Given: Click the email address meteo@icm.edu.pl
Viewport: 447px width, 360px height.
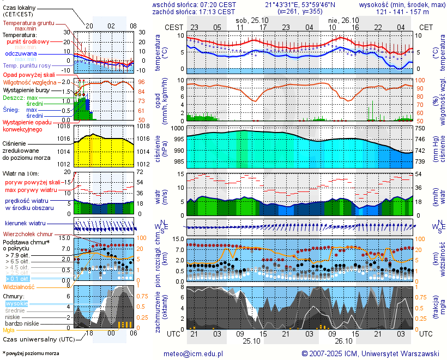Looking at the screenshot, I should coord(194,353).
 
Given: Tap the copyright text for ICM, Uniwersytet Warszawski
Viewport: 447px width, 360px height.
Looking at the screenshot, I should coord(370,353).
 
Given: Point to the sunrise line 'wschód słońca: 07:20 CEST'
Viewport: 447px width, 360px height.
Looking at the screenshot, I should coord(194,4).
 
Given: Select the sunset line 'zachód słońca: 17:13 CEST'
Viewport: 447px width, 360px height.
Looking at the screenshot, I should coord(194,11).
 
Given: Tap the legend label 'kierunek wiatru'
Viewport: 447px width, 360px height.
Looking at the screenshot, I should coord(26,224).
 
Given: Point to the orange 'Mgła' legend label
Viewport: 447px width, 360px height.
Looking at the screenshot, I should coord(9,330).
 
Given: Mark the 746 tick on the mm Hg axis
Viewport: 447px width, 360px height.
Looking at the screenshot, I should coord(420,139).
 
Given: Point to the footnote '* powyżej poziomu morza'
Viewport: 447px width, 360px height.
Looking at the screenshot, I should coord(31,353).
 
